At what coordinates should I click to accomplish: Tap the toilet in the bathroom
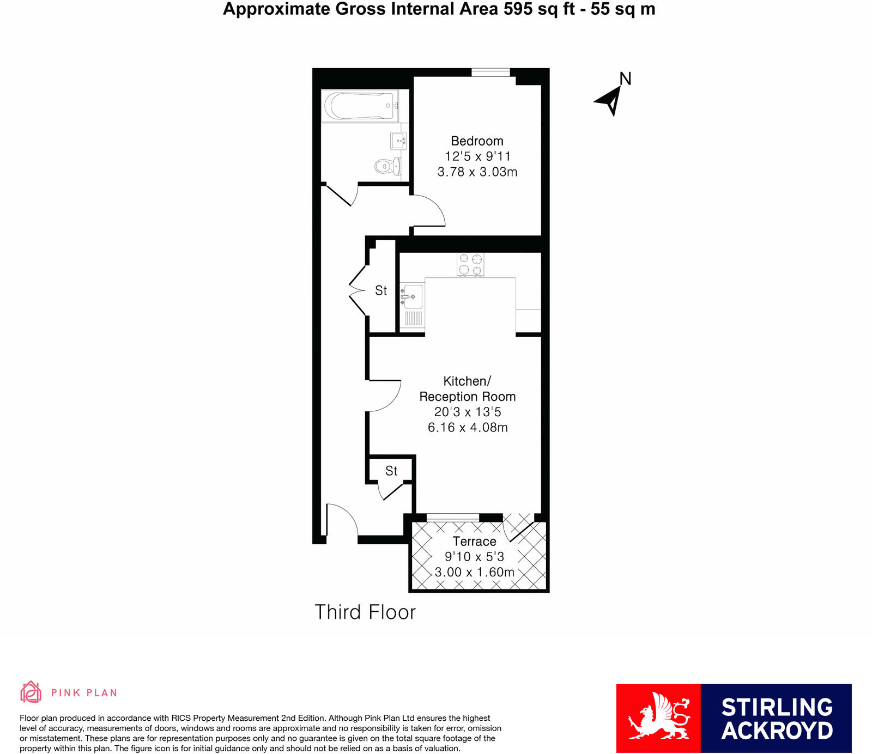point(387,166)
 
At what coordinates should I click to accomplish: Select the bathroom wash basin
point(399,141)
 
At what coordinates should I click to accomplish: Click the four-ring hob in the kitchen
point(470,265)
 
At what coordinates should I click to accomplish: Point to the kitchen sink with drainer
point(412,305)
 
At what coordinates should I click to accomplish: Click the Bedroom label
point(477,141)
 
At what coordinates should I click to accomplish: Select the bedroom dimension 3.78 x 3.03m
point(477,172)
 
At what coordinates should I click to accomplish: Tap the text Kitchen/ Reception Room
point(467,389)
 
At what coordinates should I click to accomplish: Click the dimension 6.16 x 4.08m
point(467,428)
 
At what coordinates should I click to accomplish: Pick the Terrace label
point(474,542)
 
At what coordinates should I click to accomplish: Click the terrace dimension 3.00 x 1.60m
point(474,573)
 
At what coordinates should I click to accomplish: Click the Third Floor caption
point(365,612)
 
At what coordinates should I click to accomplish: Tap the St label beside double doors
point(381,291)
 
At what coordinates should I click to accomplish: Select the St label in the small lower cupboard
point(391,471)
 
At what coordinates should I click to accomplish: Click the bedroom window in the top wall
point(491,72)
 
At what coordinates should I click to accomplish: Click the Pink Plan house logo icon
point(31,692)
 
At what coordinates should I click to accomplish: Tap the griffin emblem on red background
point(658,717)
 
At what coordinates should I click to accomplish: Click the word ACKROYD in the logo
point(777,731)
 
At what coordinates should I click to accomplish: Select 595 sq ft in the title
point(539,9)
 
